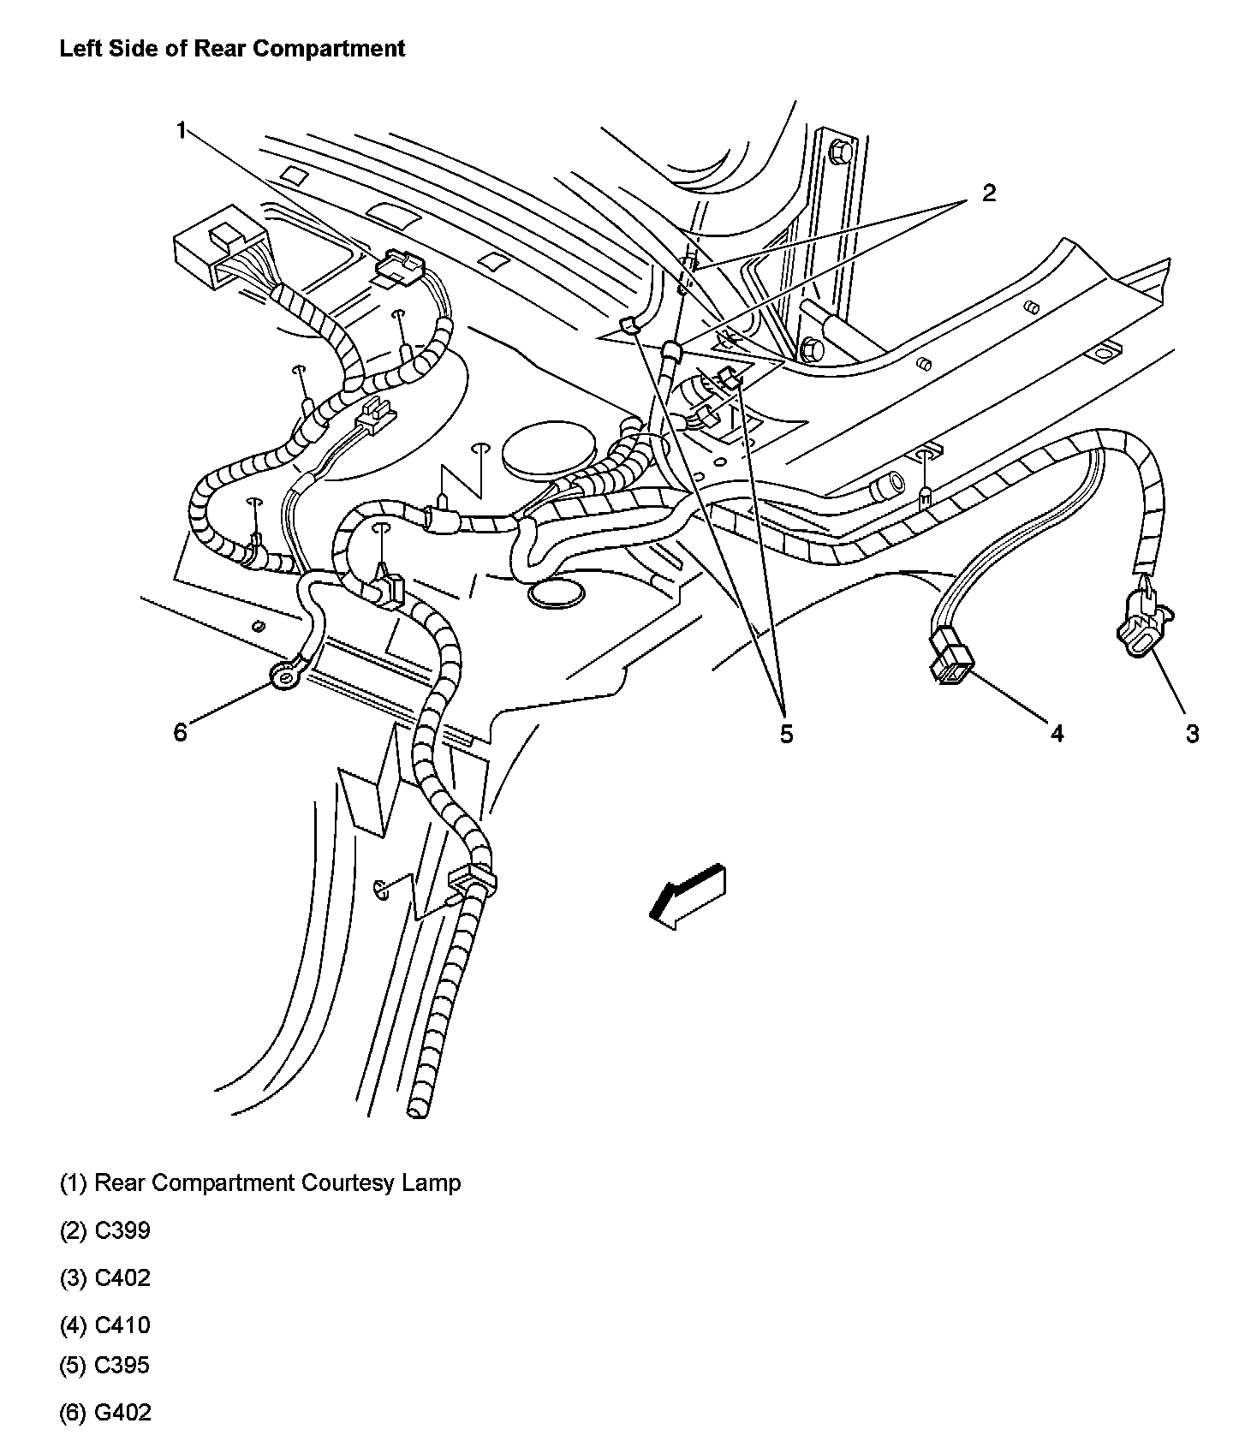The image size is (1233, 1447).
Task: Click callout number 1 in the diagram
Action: (x=181, y=130)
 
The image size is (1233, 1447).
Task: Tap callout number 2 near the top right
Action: (x=989, y=194)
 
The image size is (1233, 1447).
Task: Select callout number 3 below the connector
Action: (x=1192, y=733)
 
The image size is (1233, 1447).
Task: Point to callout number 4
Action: (x=1057, y=733)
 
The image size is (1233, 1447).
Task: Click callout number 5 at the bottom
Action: (x=786, y=734)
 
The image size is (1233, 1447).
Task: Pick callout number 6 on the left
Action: (x=180, y=733)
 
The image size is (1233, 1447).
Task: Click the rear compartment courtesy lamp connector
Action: (x=398, y=265)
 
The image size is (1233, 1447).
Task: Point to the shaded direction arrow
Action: (x=687, y=896)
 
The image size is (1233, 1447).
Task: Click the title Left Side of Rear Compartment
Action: (x=232, y=48)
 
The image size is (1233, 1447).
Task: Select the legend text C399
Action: (x=122, y=1230)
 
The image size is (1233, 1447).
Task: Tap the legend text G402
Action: (x=122, y=1412)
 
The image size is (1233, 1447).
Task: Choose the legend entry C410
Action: (x=122, y=1325)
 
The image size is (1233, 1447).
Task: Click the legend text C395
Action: (x=122, y=1365)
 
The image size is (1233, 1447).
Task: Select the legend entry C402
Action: (x=122, y=1277)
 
